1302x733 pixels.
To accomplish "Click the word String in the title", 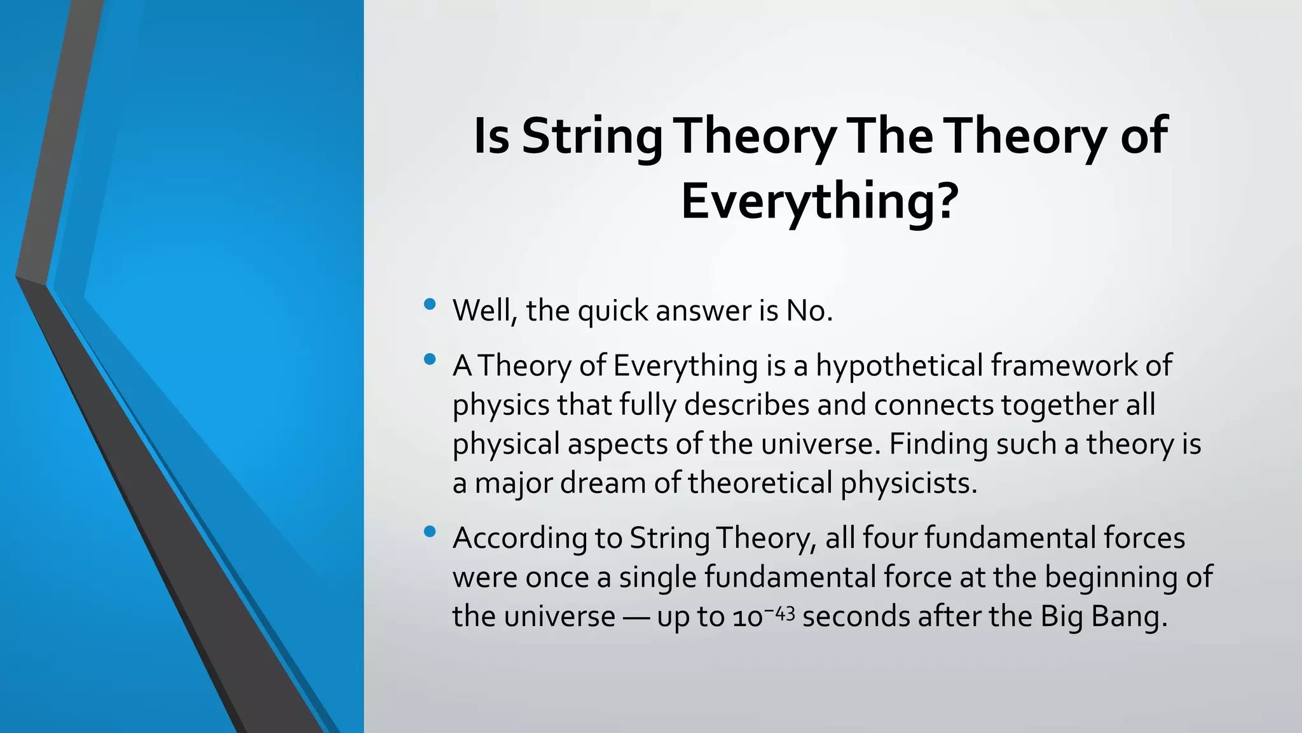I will tap(591, 136).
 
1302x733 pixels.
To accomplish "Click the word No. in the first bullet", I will tap(809, 311).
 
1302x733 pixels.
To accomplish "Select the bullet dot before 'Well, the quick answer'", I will tap(430, 304).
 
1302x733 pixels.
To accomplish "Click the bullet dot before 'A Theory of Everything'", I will tap(430, 360).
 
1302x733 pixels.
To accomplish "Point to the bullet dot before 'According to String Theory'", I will tap(430, 531).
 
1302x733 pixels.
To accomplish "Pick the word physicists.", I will tap(908, 483).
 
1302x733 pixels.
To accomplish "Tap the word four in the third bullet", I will tap(889, 538).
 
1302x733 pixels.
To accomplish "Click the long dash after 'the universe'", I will tap(636, 617).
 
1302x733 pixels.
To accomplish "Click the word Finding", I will tap(938, 444).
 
